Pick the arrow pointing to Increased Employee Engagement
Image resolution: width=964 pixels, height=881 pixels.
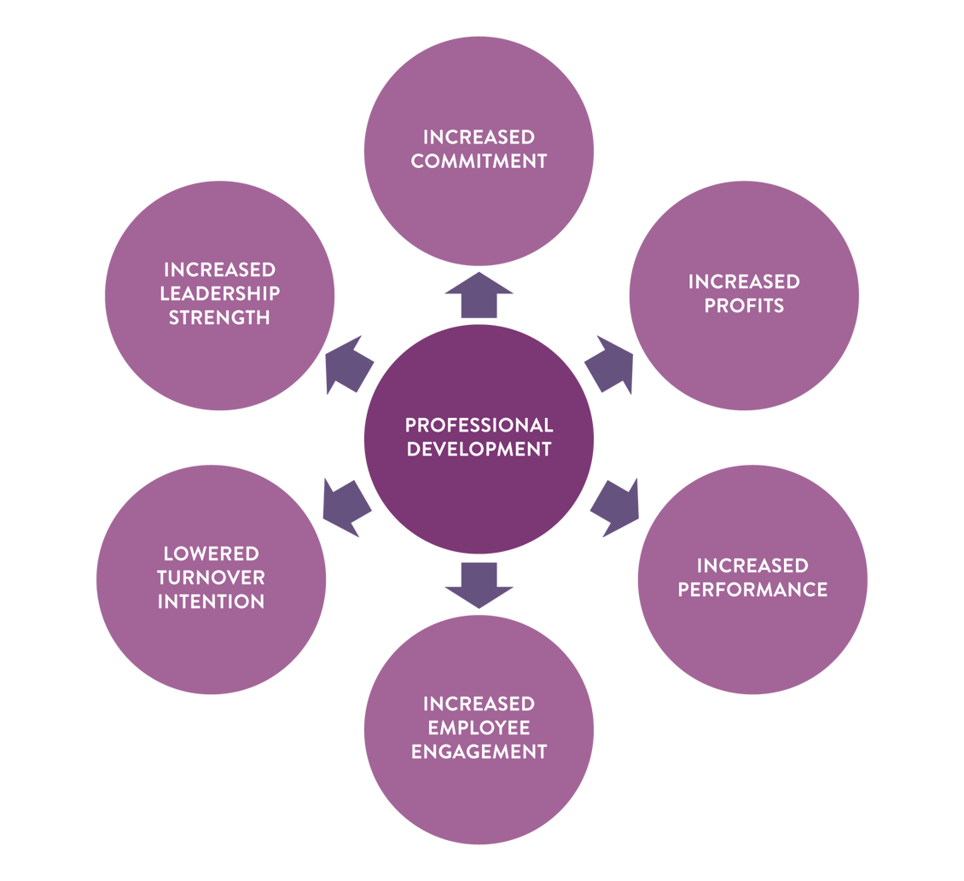479,583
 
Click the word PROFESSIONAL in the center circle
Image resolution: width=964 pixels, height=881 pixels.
479,425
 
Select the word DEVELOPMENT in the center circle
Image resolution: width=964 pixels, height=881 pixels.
479,449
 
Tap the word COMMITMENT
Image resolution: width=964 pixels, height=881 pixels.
479,160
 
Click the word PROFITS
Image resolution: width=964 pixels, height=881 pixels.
744,305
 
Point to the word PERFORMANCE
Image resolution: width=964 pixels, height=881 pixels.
752,589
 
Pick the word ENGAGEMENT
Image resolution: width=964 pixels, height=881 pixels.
479,751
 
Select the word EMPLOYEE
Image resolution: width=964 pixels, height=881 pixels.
479,727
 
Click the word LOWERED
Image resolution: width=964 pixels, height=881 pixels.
211,554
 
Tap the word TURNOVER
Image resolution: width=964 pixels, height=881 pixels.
211,577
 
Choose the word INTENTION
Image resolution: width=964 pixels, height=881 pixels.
211,601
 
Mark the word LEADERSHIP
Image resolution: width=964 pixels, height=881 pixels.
219,293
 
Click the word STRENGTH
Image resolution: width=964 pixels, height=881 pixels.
219,317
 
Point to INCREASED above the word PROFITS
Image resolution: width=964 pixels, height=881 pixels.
744,281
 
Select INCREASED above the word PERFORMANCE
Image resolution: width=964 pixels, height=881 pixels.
752,565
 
